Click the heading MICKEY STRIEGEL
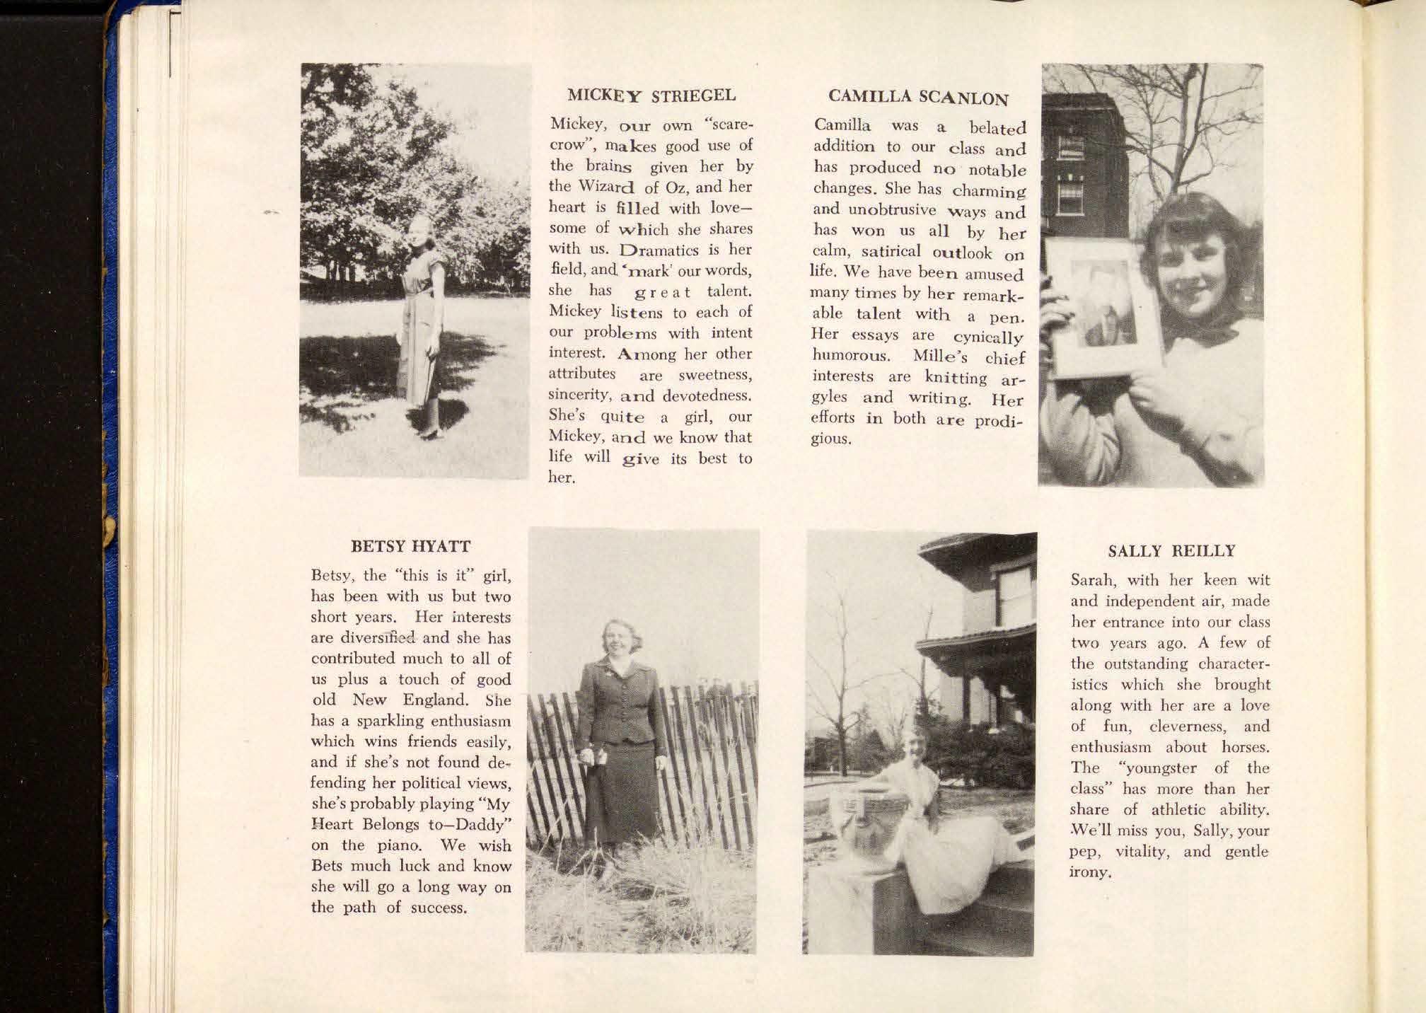[x=651, y=95]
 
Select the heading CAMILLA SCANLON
[x=917, y=97]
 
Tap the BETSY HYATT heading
[x=411, y=547]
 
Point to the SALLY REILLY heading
[x=1171, y=551]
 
